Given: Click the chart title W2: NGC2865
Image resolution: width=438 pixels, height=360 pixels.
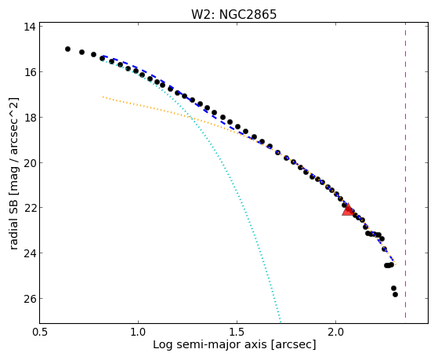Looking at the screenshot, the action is pos(233,15).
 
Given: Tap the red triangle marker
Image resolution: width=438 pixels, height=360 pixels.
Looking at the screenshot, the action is pos(348,210).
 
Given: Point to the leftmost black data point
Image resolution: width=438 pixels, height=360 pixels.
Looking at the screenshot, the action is pos(67,49).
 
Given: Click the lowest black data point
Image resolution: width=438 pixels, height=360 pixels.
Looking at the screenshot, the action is pos(395,294).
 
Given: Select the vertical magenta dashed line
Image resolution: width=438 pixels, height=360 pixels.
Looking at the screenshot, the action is pos(405,171).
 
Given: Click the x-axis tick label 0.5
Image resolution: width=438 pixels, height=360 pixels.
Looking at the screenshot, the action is pos(40,332).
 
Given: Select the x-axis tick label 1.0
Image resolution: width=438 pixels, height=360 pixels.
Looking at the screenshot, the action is pos(138,332).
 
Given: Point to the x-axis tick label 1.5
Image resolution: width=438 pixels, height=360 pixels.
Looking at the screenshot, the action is pos(237,332).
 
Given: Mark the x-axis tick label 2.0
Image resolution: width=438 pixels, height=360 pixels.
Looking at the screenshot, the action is pos(336,332).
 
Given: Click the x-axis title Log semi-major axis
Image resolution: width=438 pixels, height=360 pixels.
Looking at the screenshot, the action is pos(210,344).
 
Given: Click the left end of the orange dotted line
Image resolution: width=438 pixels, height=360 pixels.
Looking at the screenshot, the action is pos(103,96).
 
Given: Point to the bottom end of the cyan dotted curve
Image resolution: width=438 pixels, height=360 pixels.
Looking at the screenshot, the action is pos(281,322).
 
